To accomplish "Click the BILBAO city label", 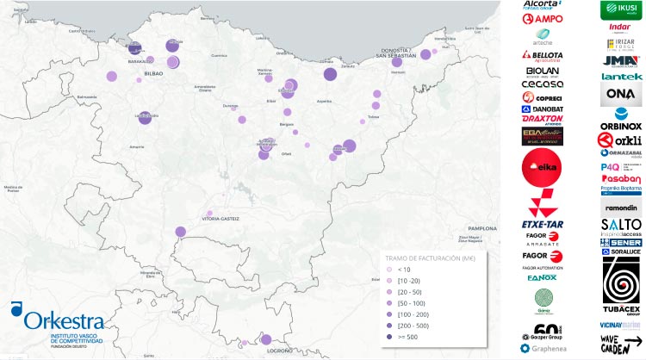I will (154, 75).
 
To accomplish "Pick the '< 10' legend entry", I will (404, 269).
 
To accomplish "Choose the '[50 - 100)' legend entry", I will (412, 302).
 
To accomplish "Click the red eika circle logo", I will (543, 170).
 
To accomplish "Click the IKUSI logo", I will (620, 9).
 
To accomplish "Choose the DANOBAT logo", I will (543, 109).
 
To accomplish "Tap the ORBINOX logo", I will (621, 119).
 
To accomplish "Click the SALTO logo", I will (621, 226).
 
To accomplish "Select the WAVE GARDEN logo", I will (621, 342).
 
